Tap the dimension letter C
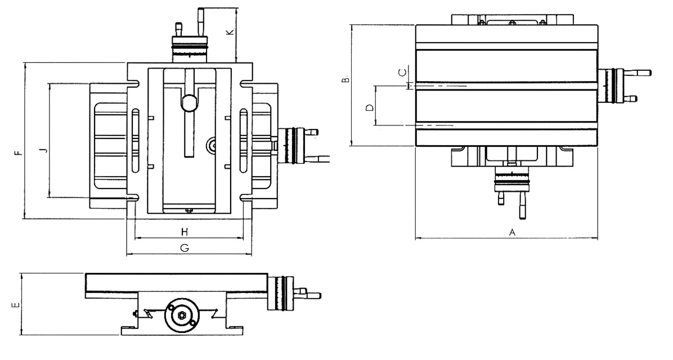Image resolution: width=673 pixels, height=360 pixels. pyautogui.click(x=401, y=73)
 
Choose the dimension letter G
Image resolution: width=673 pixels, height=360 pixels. pyautogui.click(x=184, y=247)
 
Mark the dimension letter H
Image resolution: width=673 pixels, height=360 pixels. pyautogui.click(x=184, y=232)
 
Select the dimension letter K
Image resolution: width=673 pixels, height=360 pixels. pyautogui.click(x=229, y=33)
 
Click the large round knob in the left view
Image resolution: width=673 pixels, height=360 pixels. pyautogui.click(x=190, y=102)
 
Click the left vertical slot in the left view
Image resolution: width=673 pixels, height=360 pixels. pyautogui.click(x=135, y=141)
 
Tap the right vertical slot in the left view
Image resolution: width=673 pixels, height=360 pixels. pyautogui.click(x=244, y=141)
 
